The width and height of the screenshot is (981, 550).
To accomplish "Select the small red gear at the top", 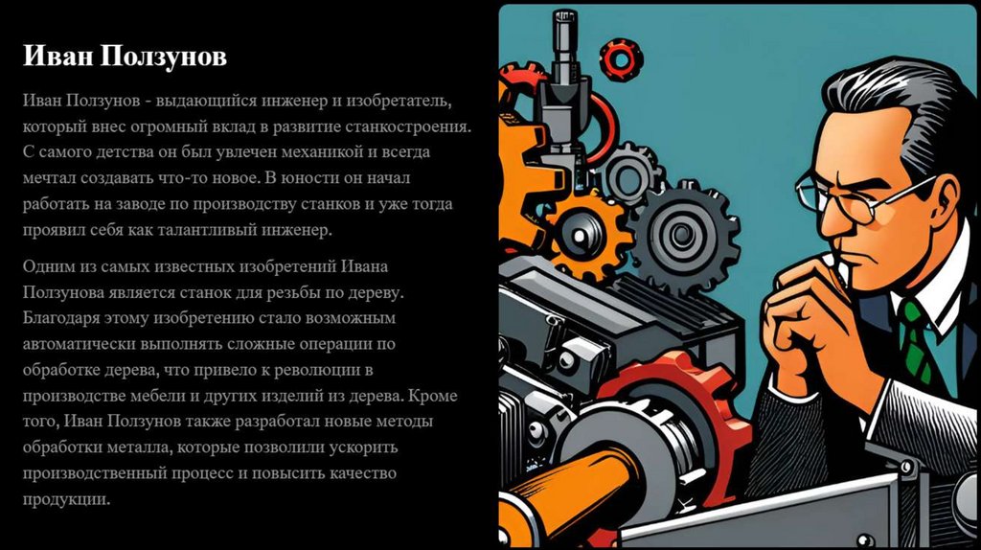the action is [x=621, y=59].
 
